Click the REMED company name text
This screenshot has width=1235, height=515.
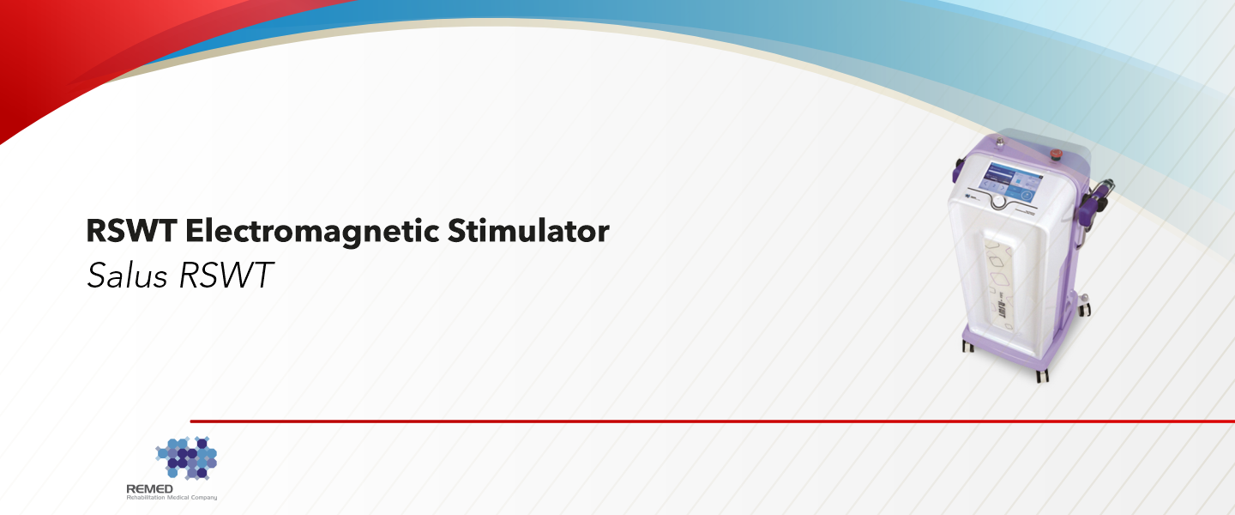(145, 488)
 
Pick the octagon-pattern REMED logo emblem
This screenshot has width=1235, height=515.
(186, 457)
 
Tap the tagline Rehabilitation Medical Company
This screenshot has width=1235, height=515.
(172, 498)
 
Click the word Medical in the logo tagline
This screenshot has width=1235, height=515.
(177, 498)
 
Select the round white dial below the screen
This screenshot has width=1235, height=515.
(999, 201)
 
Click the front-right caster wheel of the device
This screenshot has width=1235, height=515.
(1042, 374)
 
